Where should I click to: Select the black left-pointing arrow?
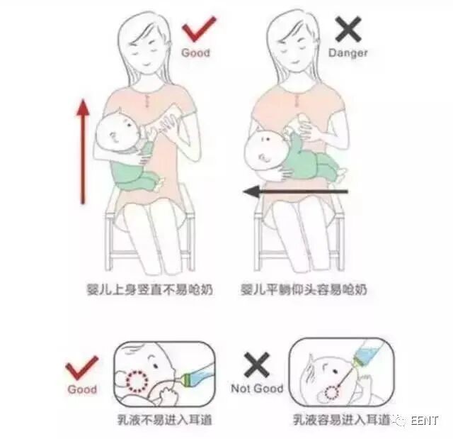coord(294,191)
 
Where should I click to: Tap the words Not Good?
coord(257,389)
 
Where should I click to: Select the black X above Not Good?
coord(256,365)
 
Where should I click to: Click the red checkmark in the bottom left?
coord(82,369)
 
